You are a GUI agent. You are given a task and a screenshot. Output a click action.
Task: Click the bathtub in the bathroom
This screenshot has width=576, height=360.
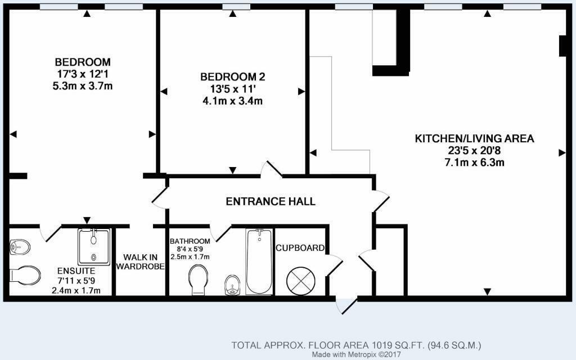point(259,262)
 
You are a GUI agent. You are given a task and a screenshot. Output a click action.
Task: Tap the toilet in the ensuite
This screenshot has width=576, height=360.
point(25,274)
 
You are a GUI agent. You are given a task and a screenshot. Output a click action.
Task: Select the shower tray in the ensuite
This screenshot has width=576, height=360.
point(94,247)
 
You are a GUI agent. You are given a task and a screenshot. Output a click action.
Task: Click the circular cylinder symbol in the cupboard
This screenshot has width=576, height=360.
point(300,281)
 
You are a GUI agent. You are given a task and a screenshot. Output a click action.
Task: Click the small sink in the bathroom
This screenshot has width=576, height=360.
point(232,285)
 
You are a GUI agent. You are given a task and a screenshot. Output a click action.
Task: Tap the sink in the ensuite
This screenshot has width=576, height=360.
point(20,247)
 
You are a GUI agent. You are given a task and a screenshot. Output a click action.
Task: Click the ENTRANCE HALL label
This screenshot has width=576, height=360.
point(271,201)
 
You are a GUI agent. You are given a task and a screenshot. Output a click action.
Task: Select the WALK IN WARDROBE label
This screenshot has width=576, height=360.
point(140,262)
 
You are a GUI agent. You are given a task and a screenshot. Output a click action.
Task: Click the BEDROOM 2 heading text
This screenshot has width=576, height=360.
point(232,76)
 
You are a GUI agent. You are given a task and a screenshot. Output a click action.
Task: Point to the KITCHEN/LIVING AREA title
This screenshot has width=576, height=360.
point(474,138)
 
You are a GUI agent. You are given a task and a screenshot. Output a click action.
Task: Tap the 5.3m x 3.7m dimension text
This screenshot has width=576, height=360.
point(82,86)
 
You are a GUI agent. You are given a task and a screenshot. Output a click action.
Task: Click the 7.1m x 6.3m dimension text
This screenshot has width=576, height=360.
point(474,163)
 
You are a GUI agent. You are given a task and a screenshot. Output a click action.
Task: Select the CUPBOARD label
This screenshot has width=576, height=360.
point(300,248)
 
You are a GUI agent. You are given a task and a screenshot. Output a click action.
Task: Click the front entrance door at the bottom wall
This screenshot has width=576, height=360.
point(346,305)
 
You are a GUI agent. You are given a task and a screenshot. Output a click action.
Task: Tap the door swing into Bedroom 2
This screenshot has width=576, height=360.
point(271,169)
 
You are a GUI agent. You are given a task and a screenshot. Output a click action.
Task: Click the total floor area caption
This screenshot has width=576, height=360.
point(356,345)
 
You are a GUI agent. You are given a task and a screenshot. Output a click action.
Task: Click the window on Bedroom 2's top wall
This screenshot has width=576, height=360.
point(236,7)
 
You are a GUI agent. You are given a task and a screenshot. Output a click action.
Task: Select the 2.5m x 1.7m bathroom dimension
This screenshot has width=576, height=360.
point(190,256)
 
